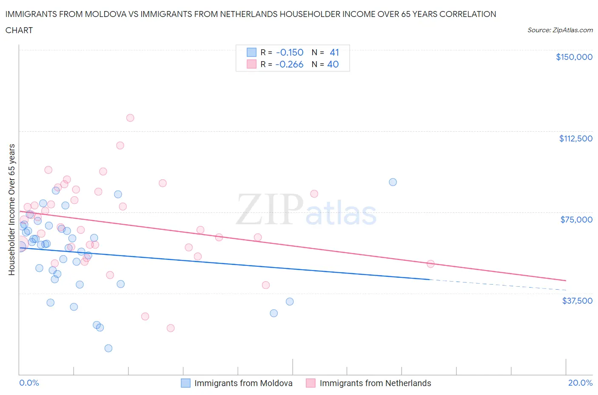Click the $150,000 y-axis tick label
(x=574, y=57)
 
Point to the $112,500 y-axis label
(x=575, y=138)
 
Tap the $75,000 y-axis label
(x=576, y=220)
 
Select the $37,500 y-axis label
(x=577, y=301)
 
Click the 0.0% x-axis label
(x=29, y=383)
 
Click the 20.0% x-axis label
(x=580, y=383)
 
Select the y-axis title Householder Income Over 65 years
(x=11, y=209)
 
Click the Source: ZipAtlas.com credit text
(x=560, y=30)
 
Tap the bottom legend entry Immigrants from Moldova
(x=243, y=383)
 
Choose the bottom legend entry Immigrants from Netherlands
(x=375, y=383)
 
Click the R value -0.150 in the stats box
(x=290, y=52)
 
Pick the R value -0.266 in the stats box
(x=289, y=64)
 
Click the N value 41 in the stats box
(x=334, y=52)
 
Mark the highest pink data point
(x=130, y=118)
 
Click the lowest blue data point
(x=108, y=348)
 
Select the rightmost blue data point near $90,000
(x=393, y=182)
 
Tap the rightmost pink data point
(x=430, y=264)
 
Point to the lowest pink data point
(x=171, y=328)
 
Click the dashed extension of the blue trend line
(x=498, y=285)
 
